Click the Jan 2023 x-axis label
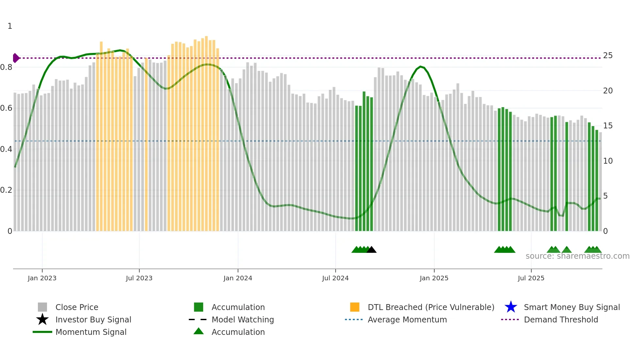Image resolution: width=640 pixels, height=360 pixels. (x=42, y=278)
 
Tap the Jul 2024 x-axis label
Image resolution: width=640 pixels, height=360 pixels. (x=335, y=278)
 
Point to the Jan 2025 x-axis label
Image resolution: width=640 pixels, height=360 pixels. (x=434, y=278)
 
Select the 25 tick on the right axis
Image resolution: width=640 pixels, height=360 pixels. (x=607, y=56)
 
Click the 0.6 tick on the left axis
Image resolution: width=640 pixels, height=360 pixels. (x=6, y=108)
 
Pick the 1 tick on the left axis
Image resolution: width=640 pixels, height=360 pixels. (x=10, y=26)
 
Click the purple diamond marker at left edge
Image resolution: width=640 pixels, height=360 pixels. (x=16, y=58)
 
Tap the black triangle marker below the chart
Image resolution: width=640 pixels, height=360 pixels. (x=371, y=250)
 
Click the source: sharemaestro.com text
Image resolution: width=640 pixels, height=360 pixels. (x=577, y=256)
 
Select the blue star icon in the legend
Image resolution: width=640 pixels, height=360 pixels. (x=511, y=307)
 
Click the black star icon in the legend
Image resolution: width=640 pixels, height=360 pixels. (x=42, y=319)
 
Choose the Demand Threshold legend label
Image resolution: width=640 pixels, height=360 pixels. (x=561, y=319)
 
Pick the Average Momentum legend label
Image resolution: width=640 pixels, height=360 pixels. (x=407, y=319)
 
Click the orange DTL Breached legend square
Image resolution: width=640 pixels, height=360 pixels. (x=355, y=307)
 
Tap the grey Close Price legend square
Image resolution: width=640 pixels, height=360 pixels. (x=42, y=307)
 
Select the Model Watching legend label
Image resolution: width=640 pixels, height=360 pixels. (x=243, y=319)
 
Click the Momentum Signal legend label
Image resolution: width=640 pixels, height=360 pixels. (x=91, y=332)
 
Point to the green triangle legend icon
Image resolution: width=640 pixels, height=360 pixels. (x=199, y=332)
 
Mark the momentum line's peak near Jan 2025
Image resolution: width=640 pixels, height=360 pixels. (x=421, y=67)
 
